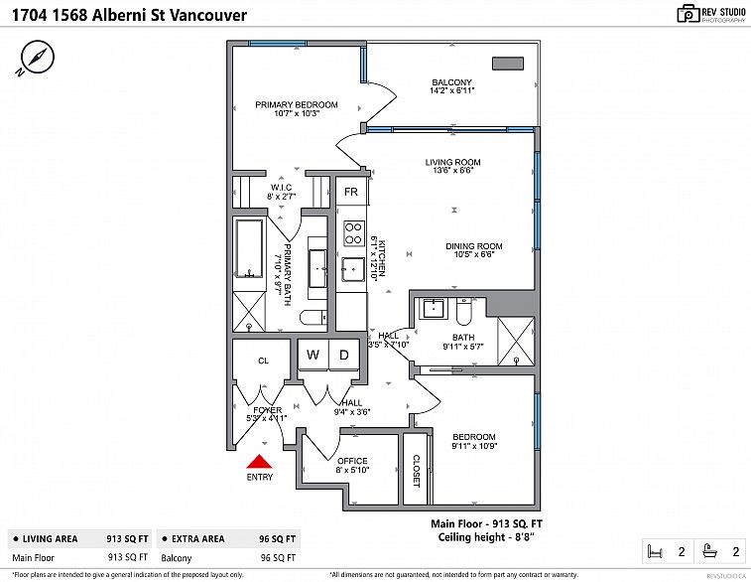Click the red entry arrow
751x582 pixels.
(x=259, y=462)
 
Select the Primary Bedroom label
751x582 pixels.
(x=296, y=104)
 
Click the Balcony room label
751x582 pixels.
(x=451, y=82)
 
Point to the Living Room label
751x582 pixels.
(x=452, y=162)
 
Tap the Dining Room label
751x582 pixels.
(x=478, y=246)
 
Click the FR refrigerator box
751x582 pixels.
(x=350, y=192)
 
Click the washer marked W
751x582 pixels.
(x=313, y=356)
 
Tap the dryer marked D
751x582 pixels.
(x=344, y=356)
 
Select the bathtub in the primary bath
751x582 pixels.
(x=248, y=252)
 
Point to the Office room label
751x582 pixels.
(x=352, y=461)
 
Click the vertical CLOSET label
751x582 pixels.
(x=415, y=470)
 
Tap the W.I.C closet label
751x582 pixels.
(x=282, y=187)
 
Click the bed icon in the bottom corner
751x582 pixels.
(x=654, y=550)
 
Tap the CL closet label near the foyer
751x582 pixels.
(x=263, y=362)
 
